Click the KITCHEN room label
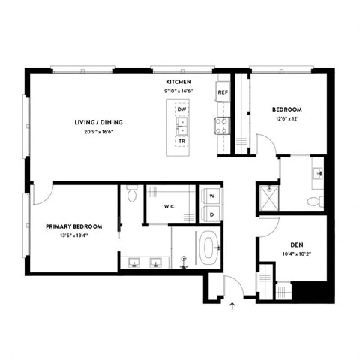(x=178, y=81)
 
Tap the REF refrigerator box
(x=223, y=92)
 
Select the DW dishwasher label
(x=181, y=109)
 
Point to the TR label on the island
(x=181, y=141)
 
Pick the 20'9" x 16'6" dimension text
(x=98, y=132)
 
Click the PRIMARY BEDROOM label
(x=73, y=226)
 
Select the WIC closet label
(x=169, y=205)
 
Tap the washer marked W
(x=211, y=196)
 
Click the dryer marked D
(x=211, y=214)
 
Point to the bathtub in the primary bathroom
(x=209, y=247)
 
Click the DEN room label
(x=296, y=245)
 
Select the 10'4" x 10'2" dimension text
(x=296, y=254)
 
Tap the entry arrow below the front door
(x=232, y=305)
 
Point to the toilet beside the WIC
(x=132, y=196)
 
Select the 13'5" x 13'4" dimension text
(x=73, y=235)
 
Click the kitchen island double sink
(x=181, y=124)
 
